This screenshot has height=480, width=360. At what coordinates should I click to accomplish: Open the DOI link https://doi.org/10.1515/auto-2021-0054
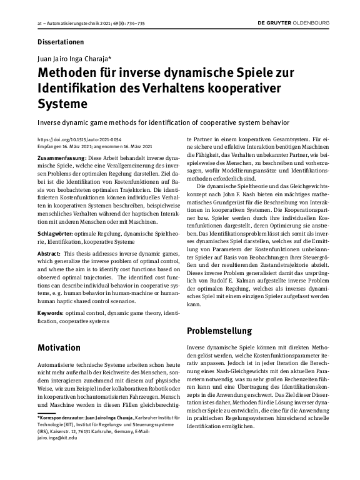[x=79, y=140]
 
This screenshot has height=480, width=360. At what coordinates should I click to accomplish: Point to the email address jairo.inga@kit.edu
[x=57, y=438]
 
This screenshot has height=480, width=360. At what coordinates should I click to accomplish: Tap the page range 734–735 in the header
[x=136, y=24]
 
